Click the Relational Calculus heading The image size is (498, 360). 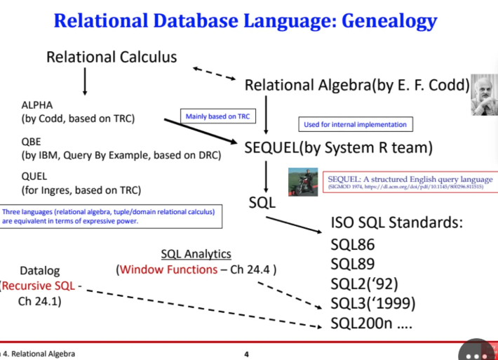[112, 56]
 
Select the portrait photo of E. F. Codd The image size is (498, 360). [483, 94]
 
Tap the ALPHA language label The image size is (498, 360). [37, 105]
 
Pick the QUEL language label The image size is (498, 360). [35, 177]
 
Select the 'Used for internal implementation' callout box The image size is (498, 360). [354, 124]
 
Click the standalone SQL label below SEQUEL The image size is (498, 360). [263, 204]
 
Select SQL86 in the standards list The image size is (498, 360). [352, 245]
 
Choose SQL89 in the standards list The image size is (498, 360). [352, 265]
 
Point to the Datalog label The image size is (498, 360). [40, 270]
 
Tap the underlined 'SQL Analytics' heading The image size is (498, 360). [196, 253]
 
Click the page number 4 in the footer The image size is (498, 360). [246, 354]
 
